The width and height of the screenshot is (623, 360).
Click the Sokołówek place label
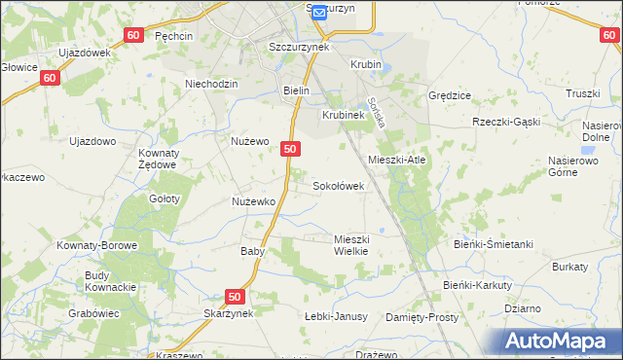click(338, 185)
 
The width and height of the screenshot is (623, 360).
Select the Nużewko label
click(253, 201)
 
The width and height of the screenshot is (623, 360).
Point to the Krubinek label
click(343, 114)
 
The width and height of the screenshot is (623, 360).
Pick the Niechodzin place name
click(211, 84)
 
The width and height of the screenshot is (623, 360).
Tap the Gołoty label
click(165, 198)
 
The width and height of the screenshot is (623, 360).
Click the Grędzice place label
click(450, 96)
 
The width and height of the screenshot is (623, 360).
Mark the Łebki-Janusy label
click(336, 316)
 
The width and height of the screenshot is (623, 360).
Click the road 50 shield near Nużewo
click(290, 149)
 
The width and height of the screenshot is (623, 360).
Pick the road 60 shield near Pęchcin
click(134, 35)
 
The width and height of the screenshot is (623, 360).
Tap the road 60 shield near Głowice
click(52, 77)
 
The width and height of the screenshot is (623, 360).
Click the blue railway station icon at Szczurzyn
click(317, 12)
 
